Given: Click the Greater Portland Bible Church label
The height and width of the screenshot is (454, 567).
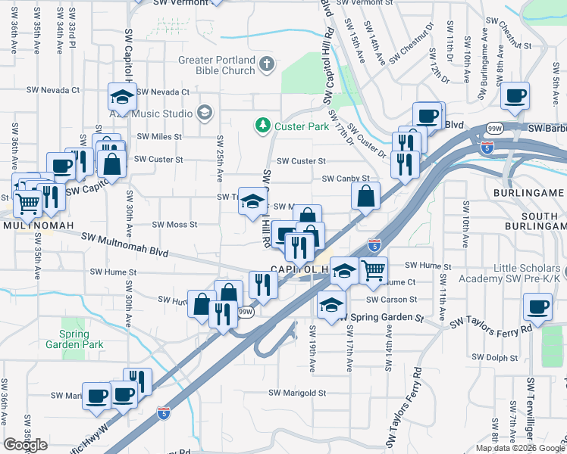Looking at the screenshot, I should point(217,65).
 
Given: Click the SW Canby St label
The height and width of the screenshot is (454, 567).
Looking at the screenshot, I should point(345,179).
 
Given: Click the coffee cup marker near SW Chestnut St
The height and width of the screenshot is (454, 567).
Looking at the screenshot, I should point(515,96).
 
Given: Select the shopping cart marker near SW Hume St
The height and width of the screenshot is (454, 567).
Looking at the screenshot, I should point(373,270).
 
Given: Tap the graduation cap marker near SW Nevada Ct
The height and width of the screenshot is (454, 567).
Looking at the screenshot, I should point(122,96).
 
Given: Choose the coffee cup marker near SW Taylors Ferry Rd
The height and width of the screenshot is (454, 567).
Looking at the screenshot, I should point(537,307).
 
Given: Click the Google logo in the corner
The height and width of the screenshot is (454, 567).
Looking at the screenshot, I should point(26,445).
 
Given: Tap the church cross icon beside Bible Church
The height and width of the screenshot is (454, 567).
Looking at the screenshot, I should point(265,65).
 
